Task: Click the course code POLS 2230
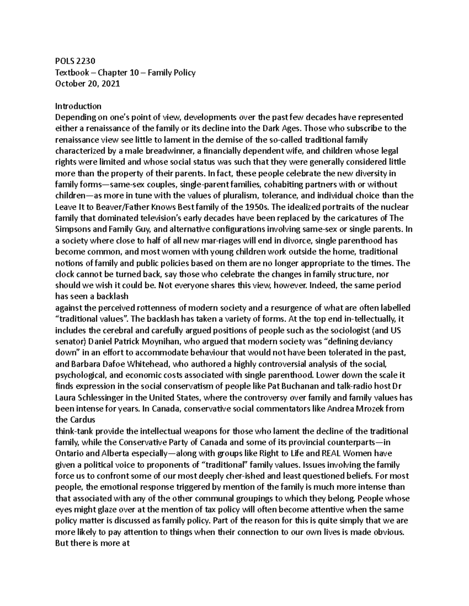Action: tap(75, 61)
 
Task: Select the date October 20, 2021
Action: tap(88, 84)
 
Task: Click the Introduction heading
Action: tap(78, 106)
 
